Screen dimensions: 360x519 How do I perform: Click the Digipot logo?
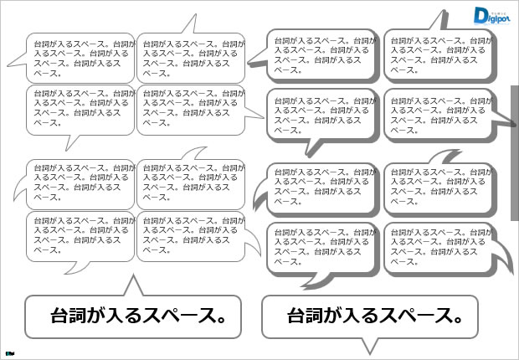pyautogui.click(x=492, y=16)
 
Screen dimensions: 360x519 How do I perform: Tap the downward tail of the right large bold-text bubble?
pyautogui.click(x=369, y=343)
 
